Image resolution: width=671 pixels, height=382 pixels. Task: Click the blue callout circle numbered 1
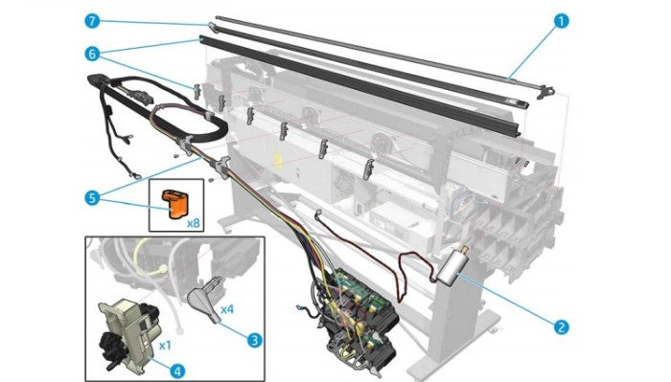[561, 21]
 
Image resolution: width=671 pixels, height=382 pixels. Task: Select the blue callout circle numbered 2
[561, 326]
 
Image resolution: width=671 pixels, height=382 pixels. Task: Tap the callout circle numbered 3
[255, 340]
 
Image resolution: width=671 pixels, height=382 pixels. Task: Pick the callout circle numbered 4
[177, 371]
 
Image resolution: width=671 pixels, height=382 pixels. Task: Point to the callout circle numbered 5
[92, 198]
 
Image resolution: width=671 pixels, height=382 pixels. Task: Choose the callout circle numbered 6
[92, 54]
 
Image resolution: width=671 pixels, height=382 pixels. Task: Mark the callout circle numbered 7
[92, 21]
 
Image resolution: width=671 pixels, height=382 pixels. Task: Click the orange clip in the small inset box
[175, 204]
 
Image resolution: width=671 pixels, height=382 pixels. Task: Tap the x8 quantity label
[194, 223]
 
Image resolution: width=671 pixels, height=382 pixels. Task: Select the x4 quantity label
[227, 308]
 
